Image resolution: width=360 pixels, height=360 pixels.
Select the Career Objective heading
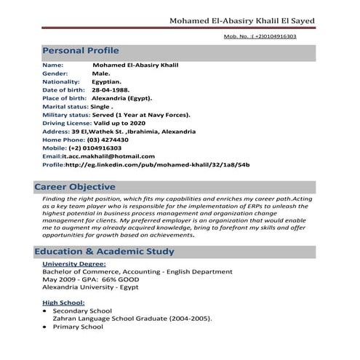pos(75,187)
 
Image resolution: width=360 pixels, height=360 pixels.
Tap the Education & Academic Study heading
pos(104,252)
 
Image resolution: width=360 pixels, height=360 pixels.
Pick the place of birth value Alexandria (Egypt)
pos(127,97)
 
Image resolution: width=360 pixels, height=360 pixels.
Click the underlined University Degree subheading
pos(74,263)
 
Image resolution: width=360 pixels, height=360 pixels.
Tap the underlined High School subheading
pos(64,302)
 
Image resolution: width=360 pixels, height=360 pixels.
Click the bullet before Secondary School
pos(45,311)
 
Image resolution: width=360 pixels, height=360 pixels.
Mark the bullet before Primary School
pos(45,327)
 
